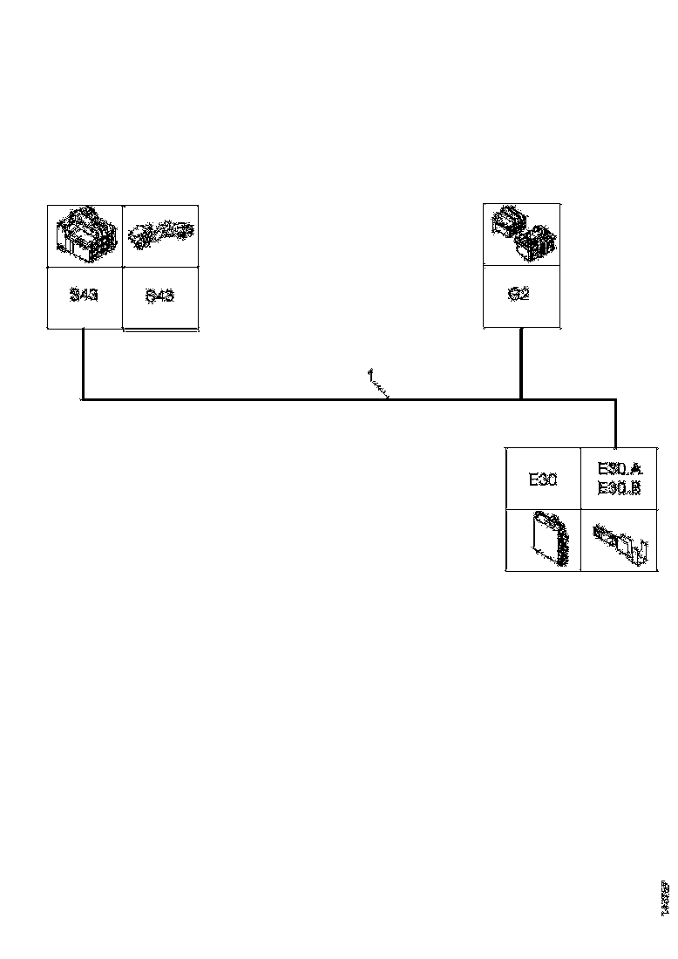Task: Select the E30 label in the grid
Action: pyautogui.click(x=543, y=479)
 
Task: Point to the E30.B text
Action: pyautogui.click(x=619, y=489)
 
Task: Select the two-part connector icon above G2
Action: pyautogui.click(x=522, y=234)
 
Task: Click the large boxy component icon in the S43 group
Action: pyautogui.click(x=85, y=235)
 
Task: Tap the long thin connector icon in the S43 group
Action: pyautogui.click(x=160, y=235)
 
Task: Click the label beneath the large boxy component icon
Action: pyautogui.click(x=84, y=296)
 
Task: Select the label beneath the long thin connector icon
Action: pyautogui.click(x=159, y=296)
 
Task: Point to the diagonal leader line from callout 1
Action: pyautogui.click(x=382, y=390)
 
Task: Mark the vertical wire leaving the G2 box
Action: pyautogui.click(x=521, y=362)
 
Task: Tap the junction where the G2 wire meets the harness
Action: pyautogui.click(x=521, y=400)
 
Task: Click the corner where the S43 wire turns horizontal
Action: pyautogui.click(x=83, y=400)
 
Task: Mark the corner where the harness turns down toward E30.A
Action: pyautogui.click(x=616, y=401)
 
